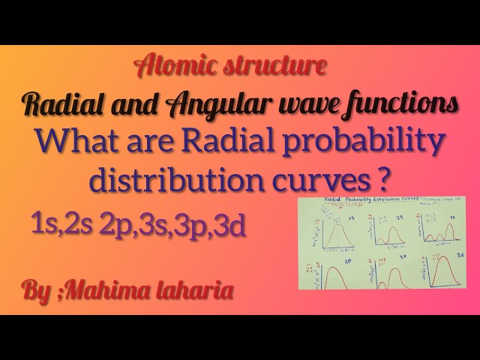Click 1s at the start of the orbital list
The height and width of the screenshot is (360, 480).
43,223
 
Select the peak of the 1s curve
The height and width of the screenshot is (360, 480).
336,226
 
